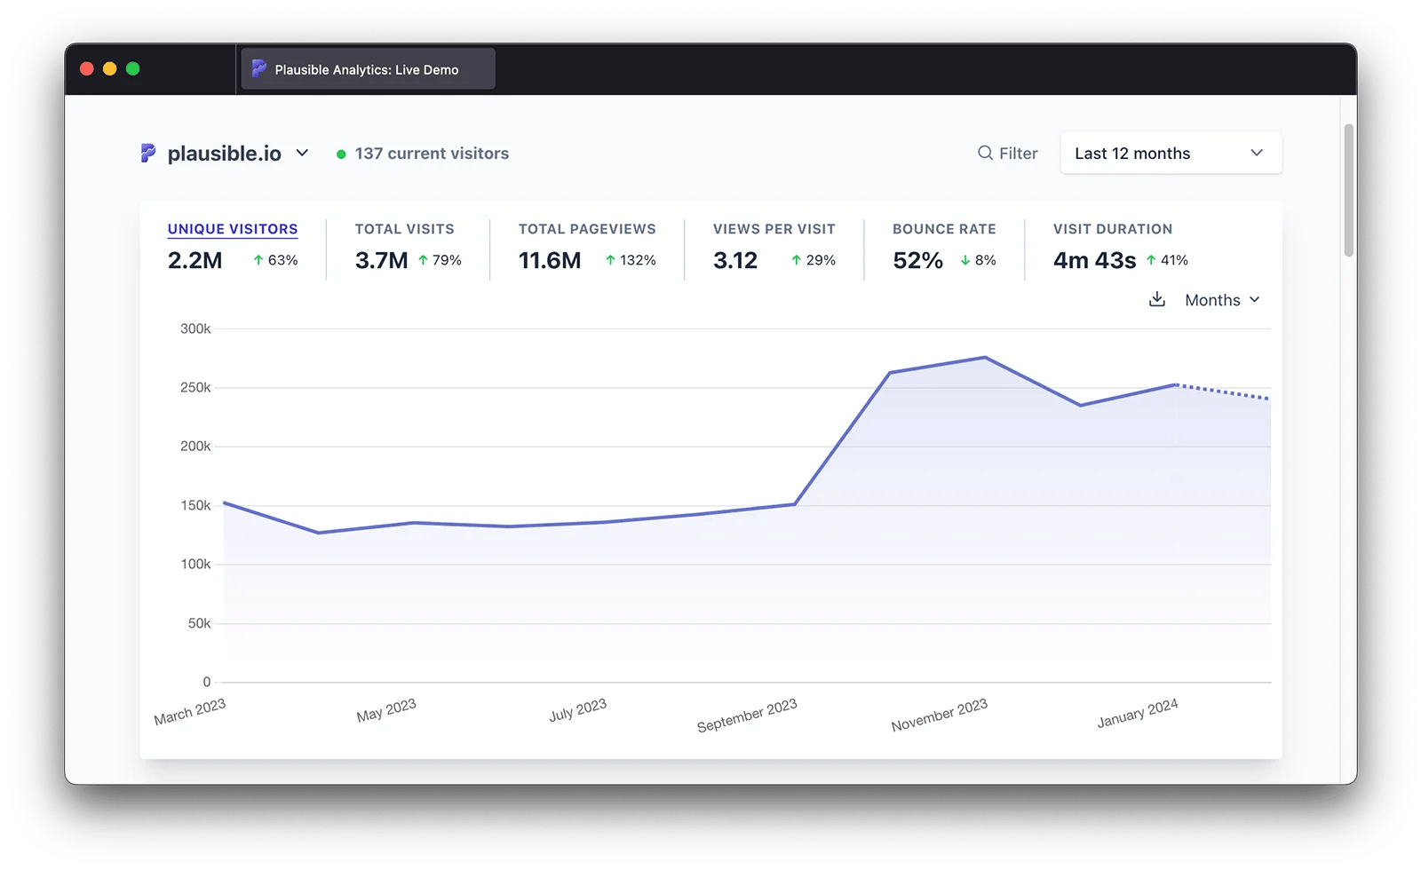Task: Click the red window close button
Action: pyautogui.click(x=87, y=69)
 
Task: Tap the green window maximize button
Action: pyautogui.click(x=133, y=69)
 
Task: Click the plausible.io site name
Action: pyautogui.click(x=224, y=154)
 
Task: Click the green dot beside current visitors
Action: pyautogui.click(x=341, y=154)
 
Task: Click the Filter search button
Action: pyautogui.click(x=1008, y=154)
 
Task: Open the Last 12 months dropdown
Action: pyautogui.click(x=1170, y=154)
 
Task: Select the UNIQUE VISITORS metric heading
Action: pyautogui.click(x=233, y=229)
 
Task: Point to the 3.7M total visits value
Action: pyautogui.click(x=381, y=261)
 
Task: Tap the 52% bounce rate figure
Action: pyautogui.click(x=917, y=261)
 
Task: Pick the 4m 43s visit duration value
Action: pyautogui.click(x=1094, y=261)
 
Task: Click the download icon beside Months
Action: pyautogui.click(x=1156, y=300)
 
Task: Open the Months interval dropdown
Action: pyautogui.click(x=1222, y=300)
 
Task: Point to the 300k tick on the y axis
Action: pyautogui.click(x=195, y=328)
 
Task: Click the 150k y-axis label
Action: pyautogui.click(x=195, y=505)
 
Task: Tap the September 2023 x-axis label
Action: pyautogui.click(x=747, y=716)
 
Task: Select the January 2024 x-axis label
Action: pyautogui.click(x=1137, y=714)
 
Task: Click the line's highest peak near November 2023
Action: pyautogui.click(x=984, y=358)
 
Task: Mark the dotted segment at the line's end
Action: pyautogui.click(x=1224, y=391)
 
